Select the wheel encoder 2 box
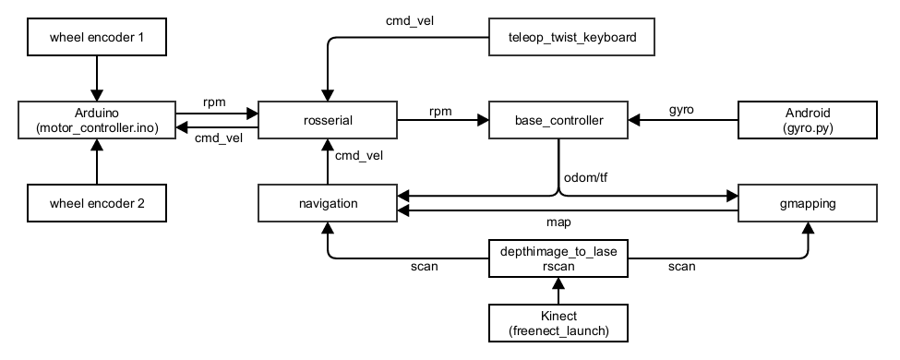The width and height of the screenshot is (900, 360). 96,203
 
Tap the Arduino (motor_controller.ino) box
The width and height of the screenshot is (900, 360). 96,120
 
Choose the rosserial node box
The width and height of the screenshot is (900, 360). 327,120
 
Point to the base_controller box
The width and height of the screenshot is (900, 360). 558,120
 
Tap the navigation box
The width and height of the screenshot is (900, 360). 327,203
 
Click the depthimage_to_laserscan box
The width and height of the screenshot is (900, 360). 558,258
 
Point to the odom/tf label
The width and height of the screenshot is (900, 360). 584,177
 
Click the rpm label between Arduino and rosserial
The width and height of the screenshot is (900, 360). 213,102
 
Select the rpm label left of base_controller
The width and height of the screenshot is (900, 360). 440,110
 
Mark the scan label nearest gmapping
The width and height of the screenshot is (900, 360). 681,267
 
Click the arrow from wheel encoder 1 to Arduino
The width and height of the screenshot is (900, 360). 96,78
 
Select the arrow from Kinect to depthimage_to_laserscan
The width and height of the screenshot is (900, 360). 558,291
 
